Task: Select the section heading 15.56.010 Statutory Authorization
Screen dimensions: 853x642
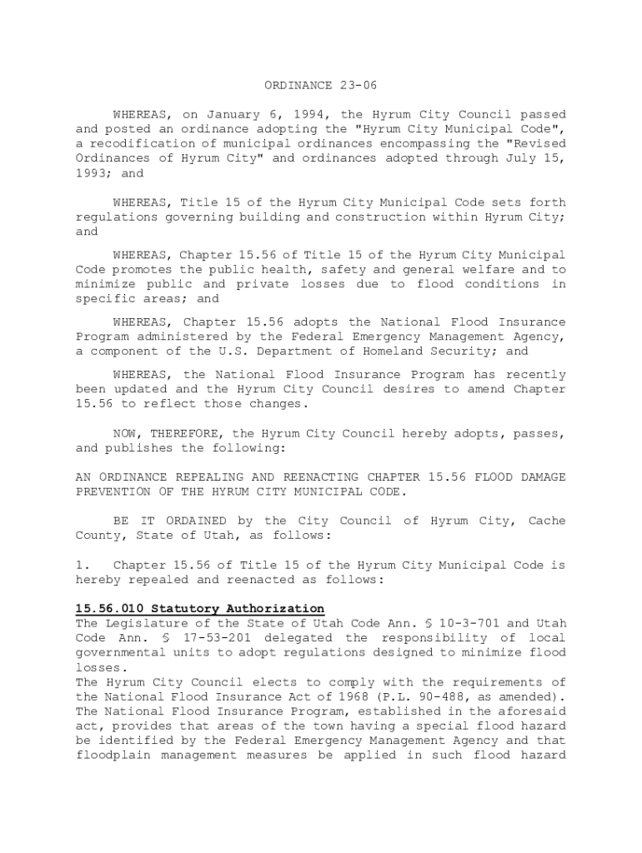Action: (200, 609)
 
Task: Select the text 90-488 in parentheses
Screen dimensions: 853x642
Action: (472, 696)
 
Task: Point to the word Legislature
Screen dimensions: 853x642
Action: (145, 623)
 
